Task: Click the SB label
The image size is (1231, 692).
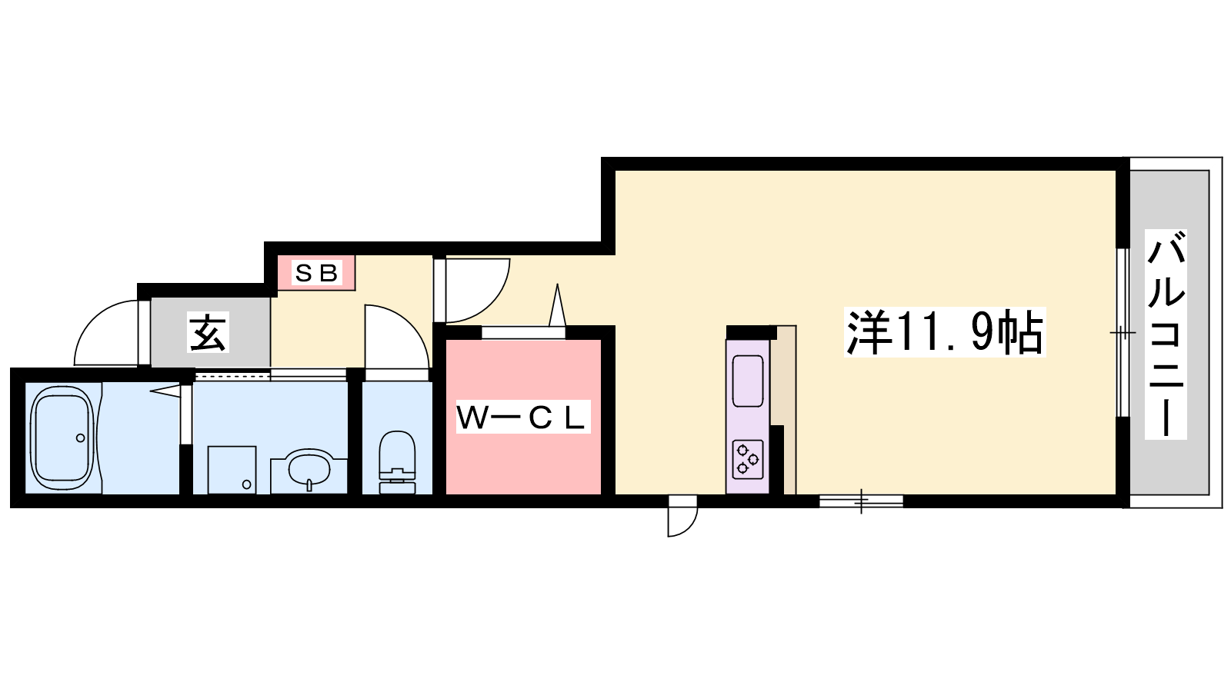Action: pyautogui.click(x=316, y=273)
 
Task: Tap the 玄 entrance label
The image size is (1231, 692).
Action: pyautogui.click(x=207, y=332)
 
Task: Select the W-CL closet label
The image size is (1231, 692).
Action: pyautogui.click(x=522, y=417)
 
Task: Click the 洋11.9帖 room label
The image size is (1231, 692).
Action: pyautogui.click(x=945, y=331)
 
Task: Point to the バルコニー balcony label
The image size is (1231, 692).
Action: pyautogui.click(x=1166, y=334)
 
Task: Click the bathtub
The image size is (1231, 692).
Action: pyautogui.click(x=62, y=437)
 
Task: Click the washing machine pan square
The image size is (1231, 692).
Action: pyautogui.click(x=232, y=470)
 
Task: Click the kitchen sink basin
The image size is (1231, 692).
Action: pyautogui.click(x=748, y=381)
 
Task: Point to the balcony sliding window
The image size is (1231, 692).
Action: pyautogui.click(x=1123, y=333)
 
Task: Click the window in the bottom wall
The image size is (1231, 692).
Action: pyautogui.click(x=861, y=501)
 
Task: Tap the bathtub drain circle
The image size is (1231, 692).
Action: pyautogui.click(x=81, y=437)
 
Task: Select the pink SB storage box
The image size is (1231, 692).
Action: pyautogui.click(x=316, y=272)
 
